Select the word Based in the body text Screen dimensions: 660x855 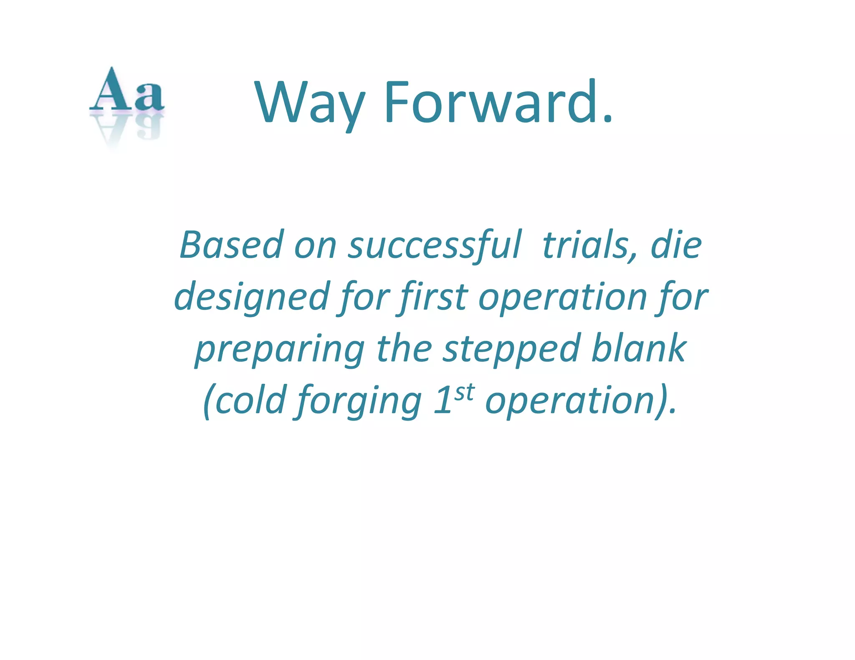pos(232,245)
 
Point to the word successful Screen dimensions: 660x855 pos(435,245)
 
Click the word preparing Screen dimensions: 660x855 pos(280,349)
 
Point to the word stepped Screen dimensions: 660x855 pos(511,349)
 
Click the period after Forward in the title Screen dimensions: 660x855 pos(607,120)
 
